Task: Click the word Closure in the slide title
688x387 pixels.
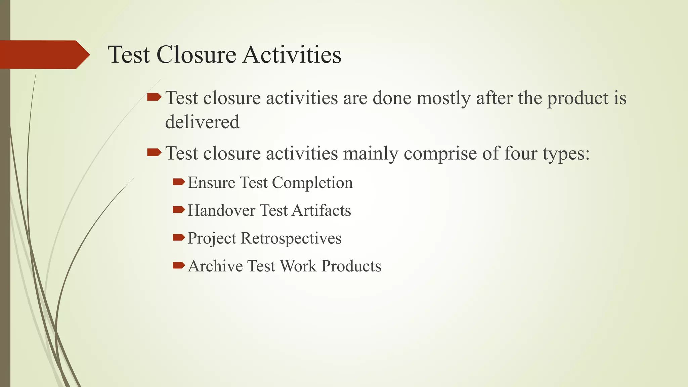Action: (x=196, y=55)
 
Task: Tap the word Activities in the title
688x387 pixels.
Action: (x=292, y=55)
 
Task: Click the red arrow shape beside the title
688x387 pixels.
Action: (x=44, y=54)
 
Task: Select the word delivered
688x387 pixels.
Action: (x=202, y=122)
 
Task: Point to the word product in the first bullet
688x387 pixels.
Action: (x=576, y=98)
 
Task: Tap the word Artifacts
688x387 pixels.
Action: (x=321, y=211)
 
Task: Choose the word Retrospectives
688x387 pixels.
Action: (x=291, y=239)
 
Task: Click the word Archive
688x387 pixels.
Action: (x=215, y=266)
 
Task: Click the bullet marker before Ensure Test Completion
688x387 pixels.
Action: (x=179, y=182)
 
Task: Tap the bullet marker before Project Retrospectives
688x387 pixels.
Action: (x=179, y=238)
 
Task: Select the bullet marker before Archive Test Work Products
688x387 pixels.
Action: (x=179, y=266)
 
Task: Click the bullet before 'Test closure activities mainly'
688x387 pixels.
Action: (x=154, y=153)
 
